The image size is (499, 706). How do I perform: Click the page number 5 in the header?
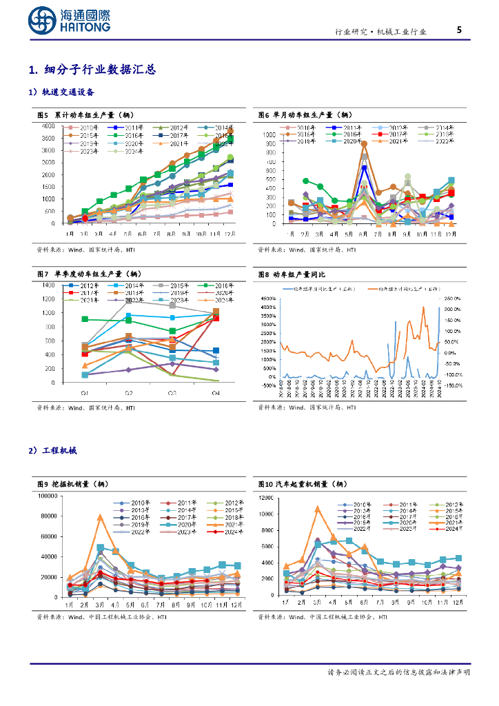click(459, 30)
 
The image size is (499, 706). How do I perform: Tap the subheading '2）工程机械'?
click(53, 450)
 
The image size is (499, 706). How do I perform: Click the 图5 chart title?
click(85, 115)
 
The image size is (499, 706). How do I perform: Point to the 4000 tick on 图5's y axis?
click(48, 126)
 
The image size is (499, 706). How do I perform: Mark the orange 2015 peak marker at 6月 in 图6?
click(364, 144)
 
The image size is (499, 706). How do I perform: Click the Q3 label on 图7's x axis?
click(172, 393)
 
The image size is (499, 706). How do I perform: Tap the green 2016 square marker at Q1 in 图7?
click(85, 319)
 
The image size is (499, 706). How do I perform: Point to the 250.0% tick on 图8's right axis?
click(454, 299)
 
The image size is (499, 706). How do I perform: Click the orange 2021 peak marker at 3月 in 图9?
click(100, 517)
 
